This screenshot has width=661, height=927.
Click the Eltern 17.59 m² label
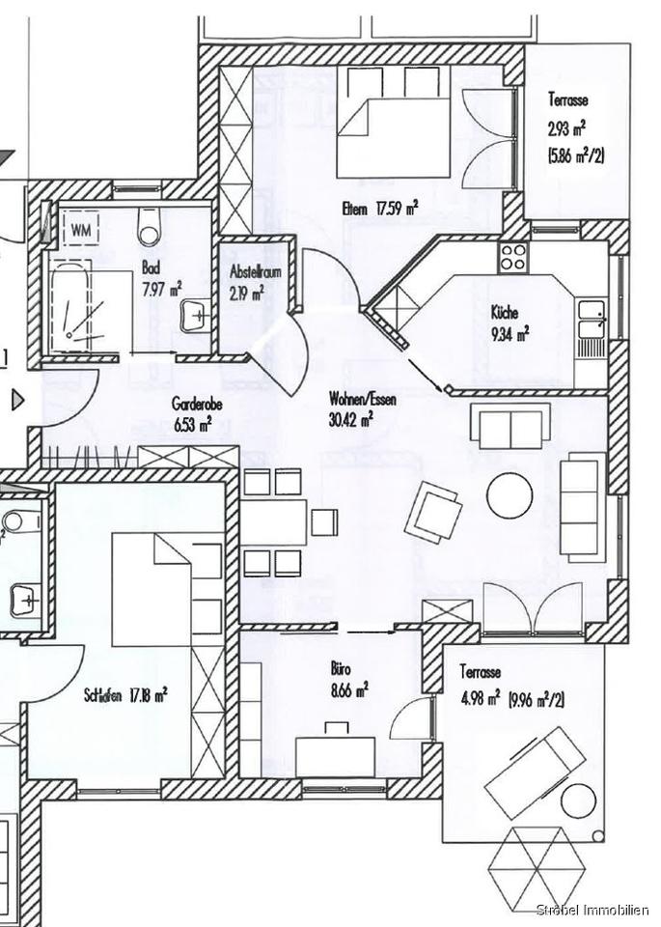[x=379, y=208]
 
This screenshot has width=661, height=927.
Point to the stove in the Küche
[x=513, y=256]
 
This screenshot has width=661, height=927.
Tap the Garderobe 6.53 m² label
[x=198, y=413]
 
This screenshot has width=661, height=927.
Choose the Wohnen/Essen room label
[x=362, y=407]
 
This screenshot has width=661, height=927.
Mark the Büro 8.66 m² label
[x=349, y=679]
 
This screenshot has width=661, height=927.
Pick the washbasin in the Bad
[x=194, y=314]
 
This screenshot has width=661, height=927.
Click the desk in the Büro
[x=335, y=757]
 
